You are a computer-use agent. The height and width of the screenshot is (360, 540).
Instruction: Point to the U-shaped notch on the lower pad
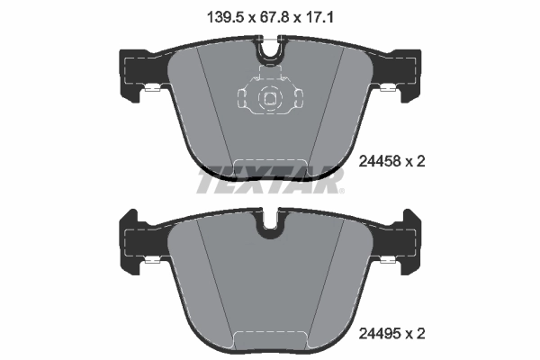(269, 227)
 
